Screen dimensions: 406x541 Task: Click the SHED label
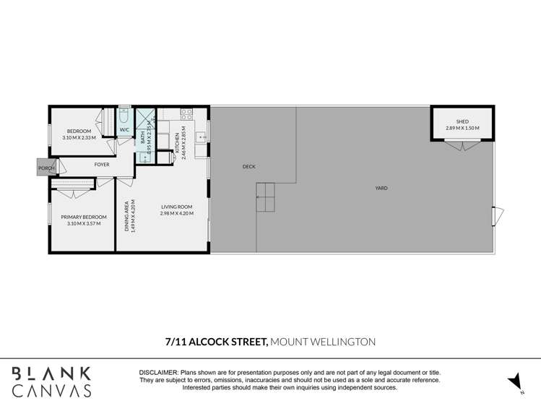[x=462, y=121]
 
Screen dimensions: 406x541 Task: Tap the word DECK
[x=248, y=167]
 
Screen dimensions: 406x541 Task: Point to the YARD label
[x=381, y=188]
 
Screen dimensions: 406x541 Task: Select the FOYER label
[x=102, y=165]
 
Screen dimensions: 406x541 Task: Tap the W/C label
[x=124, y=130]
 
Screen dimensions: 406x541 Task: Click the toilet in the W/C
[x=124, y=116]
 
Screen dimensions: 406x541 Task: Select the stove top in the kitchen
[x=186, y=113]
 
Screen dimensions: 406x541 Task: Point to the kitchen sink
[x=204, y=132]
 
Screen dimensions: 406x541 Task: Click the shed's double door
[x=462, y=145]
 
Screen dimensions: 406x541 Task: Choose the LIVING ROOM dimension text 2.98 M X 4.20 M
[x=177, y=213]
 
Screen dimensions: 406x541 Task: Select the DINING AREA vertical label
[x=127, y=215]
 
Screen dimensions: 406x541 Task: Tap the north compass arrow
[x=514, y=381]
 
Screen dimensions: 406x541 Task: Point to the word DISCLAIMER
[x=159, y=371]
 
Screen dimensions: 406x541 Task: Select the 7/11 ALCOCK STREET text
[x=217, y=341]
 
